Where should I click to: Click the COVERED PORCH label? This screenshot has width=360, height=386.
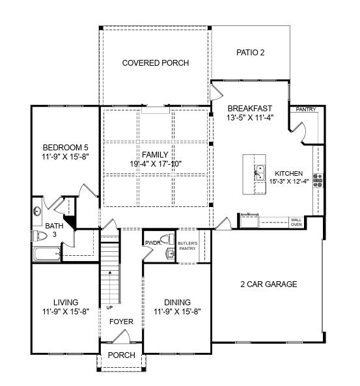pyautogui.click(x=156, y=63)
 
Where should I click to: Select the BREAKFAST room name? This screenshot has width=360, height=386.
pyautogui.click(x=249, y=108)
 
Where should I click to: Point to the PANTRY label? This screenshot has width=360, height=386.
pyautogui.click(x=305, y=109)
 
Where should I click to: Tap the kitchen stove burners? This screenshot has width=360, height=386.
pyautogui.click(x=318, y=180)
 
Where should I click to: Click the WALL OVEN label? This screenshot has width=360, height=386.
pyautogui.click(x=296, y=222)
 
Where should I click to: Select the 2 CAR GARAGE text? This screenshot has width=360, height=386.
pyautogui.click(x=269, y=284)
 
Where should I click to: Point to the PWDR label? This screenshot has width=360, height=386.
pyautogui.click(x=152, y=242)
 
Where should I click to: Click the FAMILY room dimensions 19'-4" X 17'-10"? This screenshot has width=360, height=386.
pyautogui.click(x=156, y=163)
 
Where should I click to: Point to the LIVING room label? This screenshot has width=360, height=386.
pyautogui.click(x=66, y=302)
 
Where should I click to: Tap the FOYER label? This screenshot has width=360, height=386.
pyautogui.click(x=121, y=322)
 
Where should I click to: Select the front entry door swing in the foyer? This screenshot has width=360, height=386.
pyautogui.click(x=120, y=337)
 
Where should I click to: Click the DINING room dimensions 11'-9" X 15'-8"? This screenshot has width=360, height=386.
pyautogui.click(x=177, y=312)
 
